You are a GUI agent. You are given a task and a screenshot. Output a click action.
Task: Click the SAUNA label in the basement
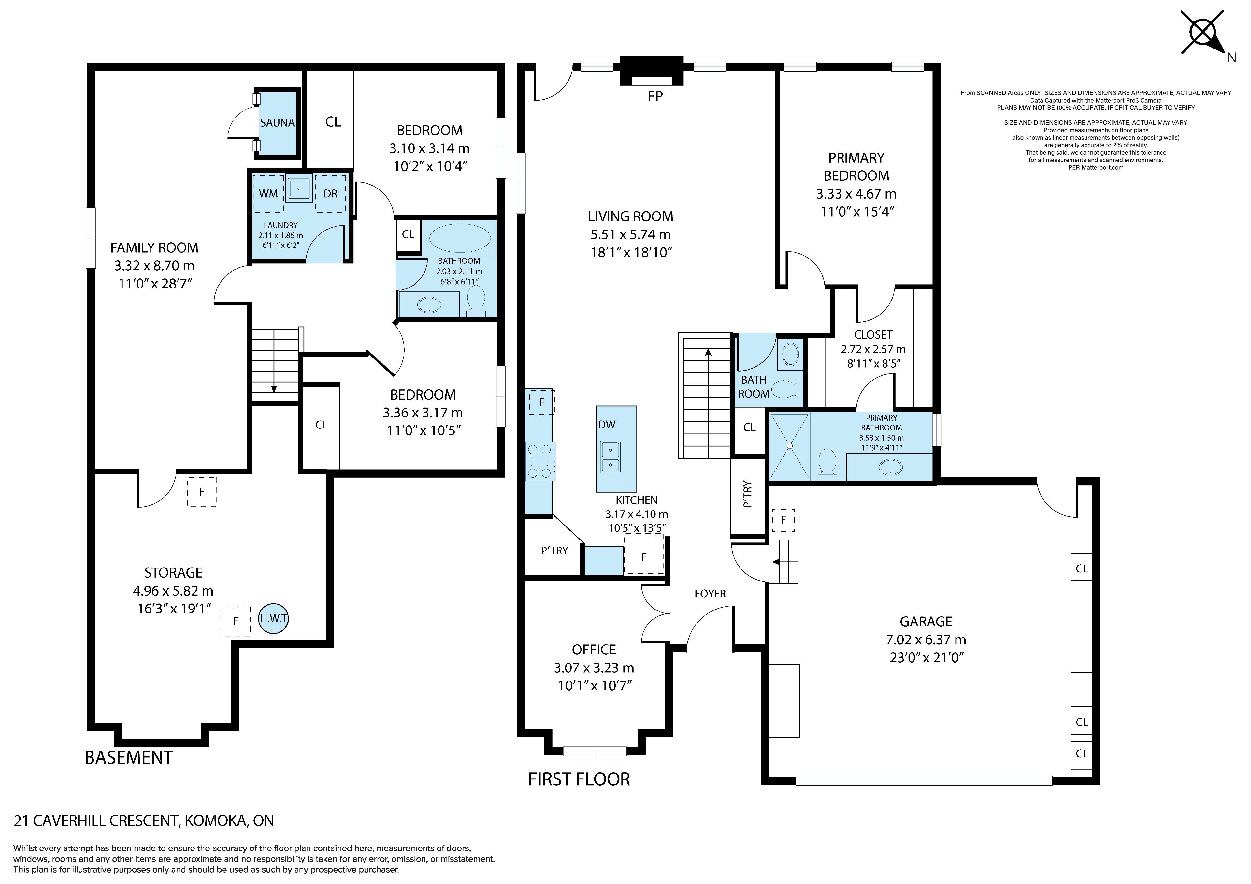pyautogui.click(x=277, y=122)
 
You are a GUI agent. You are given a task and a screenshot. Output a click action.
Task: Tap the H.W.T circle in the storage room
pyautogui.click(x=273, y=619)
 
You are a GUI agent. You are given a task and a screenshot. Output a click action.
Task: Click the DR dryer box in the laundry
pyautogui.click(x=330, y=193)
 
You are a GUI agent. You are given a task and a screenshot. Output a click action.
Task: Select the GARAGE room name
pyautogui.click(x=926, y=622)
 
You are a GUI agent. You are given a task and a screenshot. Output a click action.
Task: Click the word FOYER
pyautogui.click(x=710, y=594)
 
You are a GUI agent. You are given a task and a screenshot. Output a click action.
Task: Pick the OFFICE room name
pyautogui.click(x=594, y=650)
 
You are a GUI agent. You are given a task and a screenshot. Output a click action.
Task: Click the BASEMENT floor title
pyautogui.click(x=129, y=758)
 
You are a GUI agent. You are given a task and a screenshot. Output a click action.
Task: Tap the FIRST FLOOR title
pyautogui.click(x=579, y=779)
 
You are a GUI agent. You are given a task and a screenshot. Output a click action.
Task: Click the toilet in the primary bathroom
pyautogui.click(x=827, y=464)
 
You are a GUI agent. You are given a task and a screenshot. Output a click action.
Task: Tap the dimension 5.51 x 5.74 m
pyautogui.click(x=630, y=235)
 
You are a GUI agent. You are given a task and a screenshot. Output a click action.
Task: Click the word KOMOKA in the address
pyautogui.click(x=215, y=820)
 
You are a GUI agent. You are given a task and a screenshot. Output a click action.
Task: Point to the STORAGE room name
pyautogui.click(x=173, y=572)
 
